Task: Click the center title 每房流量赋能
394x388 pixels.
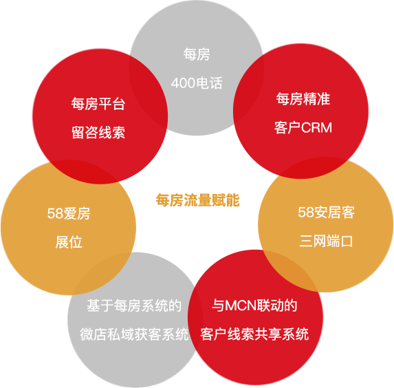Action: click(x=198, y=200)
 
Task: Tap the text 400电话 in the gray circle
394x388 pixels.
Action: click(x=197, y=83)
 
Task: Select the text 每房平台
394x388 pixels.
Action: click(x=98, y=104)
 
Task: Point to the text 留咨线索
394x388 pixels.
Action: click(x=98, y=133)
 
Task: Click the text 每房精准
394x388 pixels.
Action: click(x=303, y=98)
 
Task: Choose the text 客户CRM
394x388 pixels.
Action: click(x=303, y=127)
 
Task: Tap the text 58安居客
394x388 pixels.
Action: click(x=326, y=213)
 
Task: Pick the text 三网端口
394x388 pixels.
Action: click(x=326, y=241)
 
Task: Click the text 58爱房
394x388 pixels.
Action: click(x=69, y=214)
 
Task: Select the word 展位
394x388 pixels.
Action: click(x=69, y=242)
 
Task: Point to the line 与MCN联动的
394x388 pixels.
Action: click(x=254, y=305)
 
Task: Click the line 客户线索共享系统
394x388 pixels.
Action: click(x=254, y=334)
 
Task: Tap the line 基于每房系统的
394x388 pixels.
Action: click(x=134, y=305)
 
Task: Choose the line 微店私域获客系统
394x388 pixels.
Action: click(x=134, y=335)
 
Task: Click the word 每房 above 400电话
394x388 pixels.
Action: click(x=197, y=54)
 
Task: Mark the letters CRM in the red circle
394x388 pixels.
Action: click(x=316, y=128)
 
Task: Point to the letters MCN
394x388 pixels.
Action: click(x=241, y=306)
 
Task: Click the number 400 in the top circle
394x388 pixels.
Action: click(x=183, y=83)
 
